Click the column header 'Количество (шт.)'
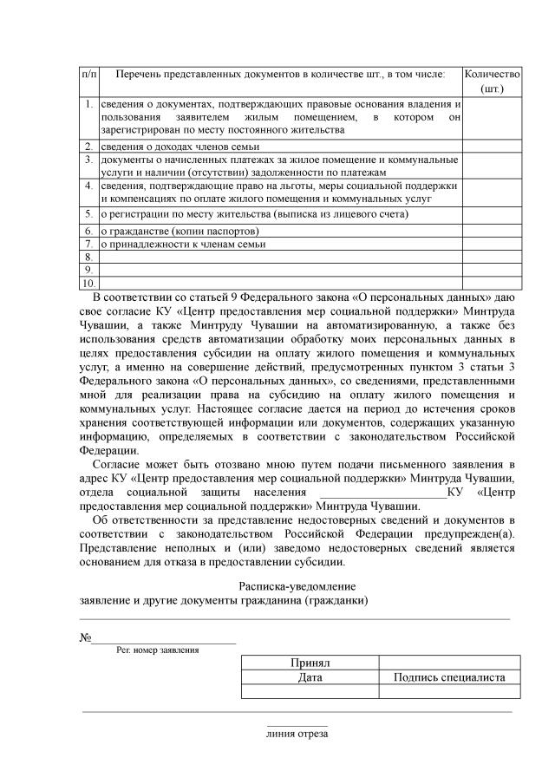(x=492, y=82)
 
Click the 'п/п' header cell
(x=88, y=75)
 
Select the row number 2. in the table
(x=89, y=146)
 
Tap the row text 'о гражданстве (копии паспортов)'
(x=180, y=232)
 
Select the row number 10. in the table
(x=88, y=283)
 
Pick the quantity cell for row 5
(x=492, y=213)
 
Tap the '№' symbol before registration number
(x=86, y=637)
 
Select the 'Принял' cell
(x=310, y=663)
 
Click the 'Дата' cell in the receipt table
(x=310, y=677)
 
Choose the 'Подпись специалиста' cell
(x=450, y=677)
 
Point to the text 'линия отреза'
(x=297, y=734)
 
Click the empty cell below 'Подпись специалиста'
(x=450, y=691)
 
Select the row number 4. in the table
(x=89, y=186)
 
